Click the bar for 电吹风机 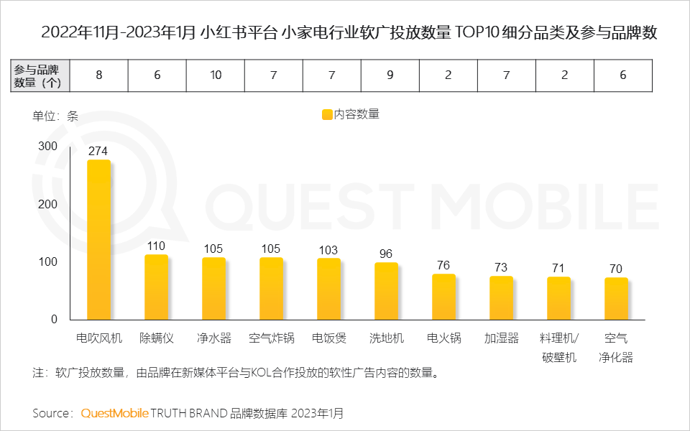point(98,240)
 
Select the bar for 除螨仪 point(156,287)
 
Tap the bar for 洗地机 point(386,291)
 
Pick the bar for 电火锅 point(443,297)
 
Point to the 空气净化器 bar point(616,299)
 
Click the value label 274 point(98,152)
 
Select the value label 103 point(328,250)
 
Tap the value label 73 point(501,267)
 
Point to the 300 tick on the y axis point(47,146)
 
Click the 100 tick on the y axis point(47,262)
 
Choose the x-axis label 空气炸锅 point(271,338)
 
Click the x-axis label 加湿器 point(501,338)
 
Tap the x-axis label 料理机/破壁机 point(559,347)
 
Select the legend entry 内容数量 point(351,114)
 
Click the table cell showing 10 point(215,75)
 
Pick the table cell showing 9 point(390,75)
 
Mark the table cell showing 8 point(98,75)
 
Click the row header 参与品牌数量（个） point(41,75)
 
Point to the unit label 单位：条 point(55,116)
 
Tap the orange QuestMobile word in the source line point(115,413)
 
